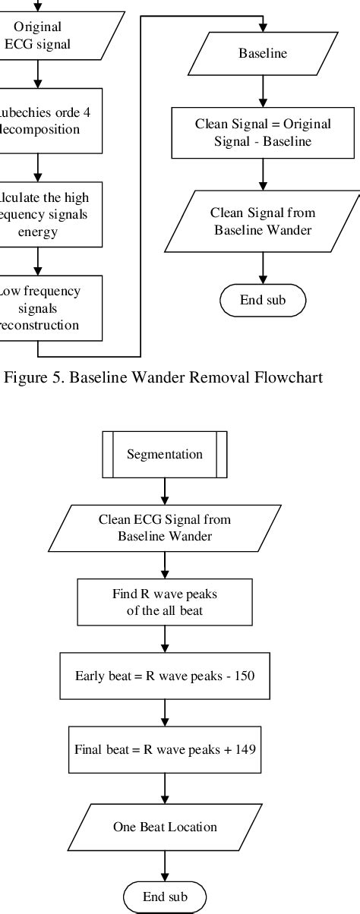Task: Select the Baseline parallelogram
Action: (x=262, y=53)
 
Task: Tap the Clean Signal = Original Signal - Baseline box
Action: (x=262, y=133)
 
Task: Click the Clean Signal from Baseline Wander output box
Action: (x=262, y=221)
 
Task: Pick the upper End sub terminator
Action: (x=262, y=300)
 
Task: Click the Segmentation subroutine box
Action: (x=165, y=455)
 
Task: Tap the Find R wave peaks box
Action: (x=165, y=602)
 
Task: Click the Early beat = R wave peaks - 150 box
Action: (x=165, y=676)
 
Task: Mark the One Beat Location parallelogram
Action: (x=165, y=827)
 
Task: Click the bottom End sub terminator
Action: (x=165, y=897)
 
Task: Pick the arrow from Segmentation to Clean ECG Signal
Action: (x=165, y=492)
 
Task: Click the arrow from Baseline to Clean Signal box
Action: (x=262, y=90)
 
